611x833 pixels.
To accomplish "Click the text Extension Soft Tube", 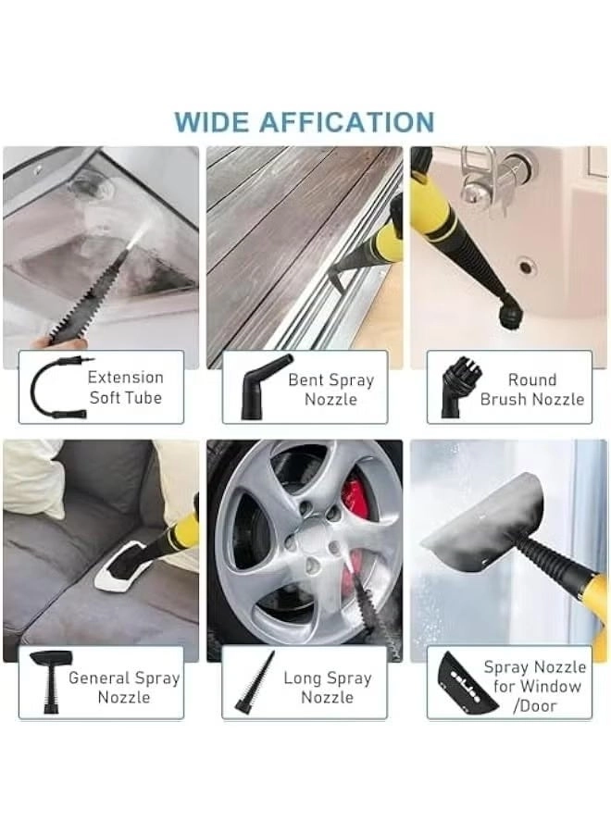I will pos(125,388).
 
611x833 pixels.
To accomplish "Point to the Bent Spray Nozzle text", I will pos(330,390).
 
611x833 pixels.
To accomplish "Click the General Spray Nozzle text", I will pos(123,687).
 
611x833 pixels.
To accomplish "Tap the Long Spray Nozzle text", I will pos(327,687).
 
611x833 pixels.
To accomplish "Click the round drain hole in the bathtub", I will pos(527,267).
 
